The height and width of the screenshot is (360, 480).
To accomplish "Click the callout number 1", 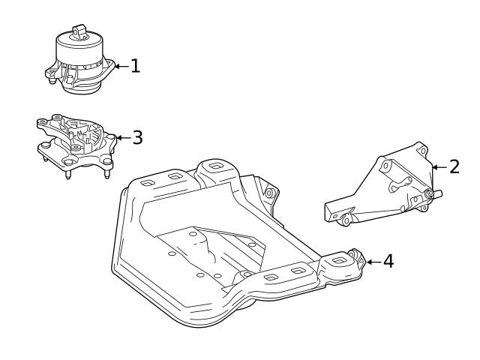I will tap(135, 66).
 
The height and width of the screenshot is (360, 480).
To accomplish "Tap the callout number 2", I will tap(454, 166).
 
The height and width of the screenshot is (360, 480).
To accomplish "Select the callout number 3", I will tap(137, 137).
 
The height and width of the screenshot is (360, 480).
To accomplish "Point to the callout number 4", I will tap(387, 261).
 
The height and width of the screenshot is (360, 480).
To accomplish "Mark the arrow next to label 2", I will tap(439, 166).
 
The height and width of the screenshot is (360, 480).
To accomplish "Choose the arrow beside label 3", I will tap(123, 137).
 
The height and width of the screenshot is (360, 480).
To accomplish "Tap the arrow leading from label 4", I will tap(372, 261).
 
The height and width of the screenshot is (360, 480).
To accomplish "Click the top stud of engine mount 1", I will tap(78, 31).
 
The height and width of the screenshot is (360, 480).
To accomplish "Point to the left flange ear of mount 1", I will tap(51, 73).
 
